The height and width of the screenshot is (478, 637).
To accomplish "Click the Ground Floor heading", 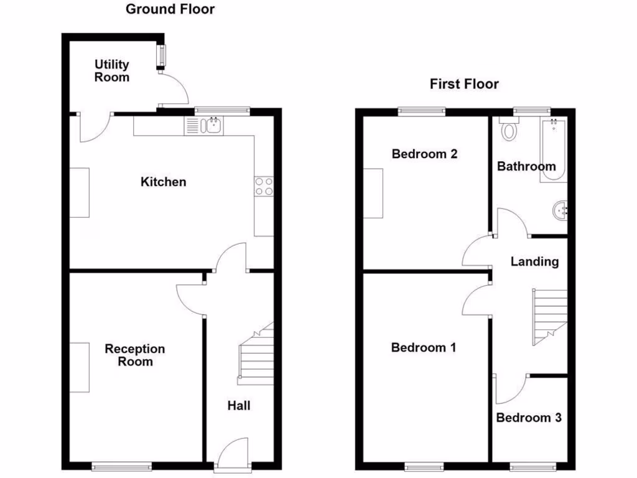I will pos(170,9).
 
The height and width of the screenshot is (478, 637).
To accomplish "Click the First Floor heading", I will pos(464,84).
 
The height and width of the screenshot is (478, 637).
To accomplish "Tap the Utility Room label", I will pos(112,71).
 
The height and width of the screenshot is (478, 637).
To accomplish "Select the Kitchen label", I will pos(163,182).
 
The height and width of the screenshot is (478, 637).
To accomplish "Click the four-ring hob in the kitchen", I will pos(264,187).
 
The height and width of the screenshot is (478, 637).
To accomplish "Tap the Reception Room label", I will pos(135,355).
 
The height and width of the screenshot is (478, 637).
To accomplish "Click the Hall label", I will pos(239,406).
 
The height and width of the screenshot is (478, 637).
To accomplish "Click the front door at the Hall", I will pos(234,453).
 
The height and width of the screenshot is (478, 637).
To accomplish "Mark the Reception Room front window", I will pos(122,466).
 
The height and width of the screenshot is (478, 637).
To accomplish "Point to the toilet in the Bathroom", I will pos(510,129).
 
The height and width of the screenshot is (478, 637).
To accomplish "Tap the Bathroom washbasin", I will pos(560,210).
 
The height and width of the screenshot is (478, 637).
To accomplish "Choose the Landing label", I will pos(534,261).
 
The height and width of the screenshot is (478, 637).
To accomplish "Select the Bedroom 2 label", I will pos(424,154).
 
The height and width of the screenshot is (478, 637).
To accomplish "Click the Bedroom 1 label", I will pos(423,347).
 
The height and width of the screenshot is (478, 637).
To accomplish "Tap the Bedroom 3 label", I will pos(529,418).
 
